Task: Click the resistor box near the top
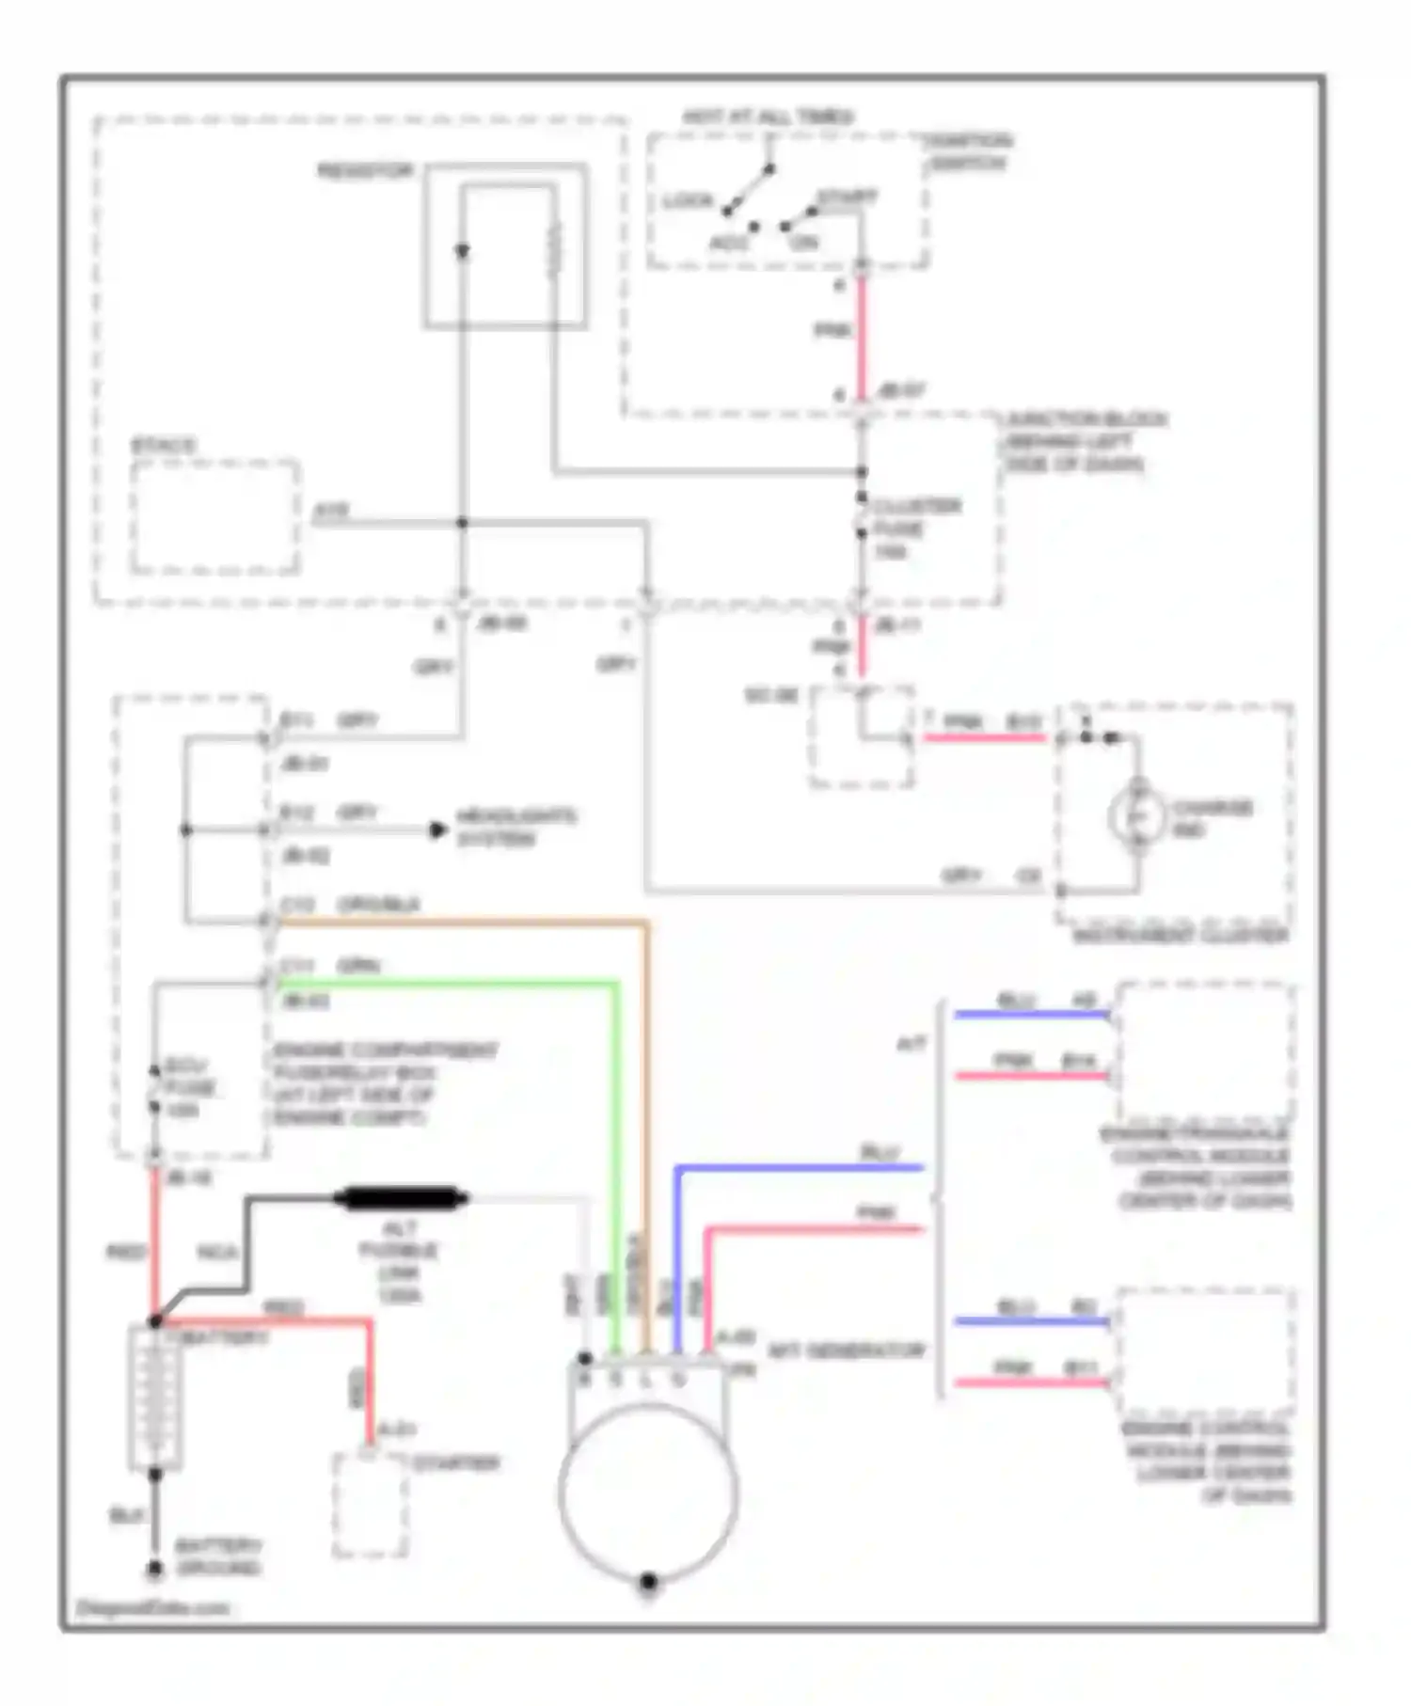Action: pos(506,246)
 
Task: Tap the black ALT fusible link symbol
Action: pos(401,1198)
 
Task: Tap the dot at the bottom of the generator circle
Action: pos(648,1582)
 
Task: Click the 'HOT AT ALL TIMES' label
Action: pos(768,118)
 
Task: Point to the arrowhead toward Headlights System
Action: pos(437,830)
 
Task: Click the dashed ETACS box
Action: pos(215,516)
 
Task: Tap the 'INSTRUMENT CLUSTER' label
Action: pos(1181,936)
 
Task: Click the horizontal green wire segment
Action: pos(442,984)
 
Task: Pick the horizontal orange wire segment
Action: pos(461,924)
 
